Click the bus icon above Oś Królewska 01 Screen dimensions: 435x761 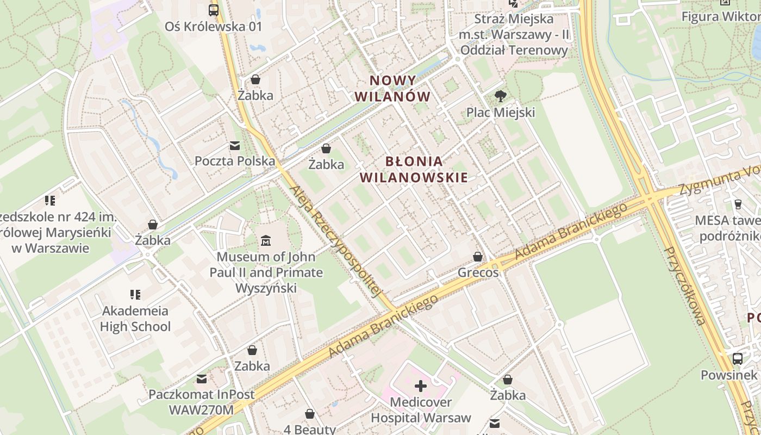(x=214, y=10)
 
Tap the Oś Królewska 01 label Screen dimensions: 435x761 (x=214, y=27)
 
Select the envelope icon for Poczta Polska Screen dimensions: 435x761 (x=235, y=146)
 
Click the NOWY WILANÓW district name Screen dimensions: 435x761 (x=392, y=89)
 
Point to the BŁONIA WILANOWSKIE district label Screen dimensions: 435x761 (x=414, y=169)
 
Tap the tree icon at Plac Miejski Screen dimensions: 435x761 (x=501, y=97)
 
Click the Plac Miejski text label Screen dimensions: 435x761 (x=501, y=113)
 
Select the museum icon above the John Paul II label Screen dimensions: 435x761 (x=266, y=240)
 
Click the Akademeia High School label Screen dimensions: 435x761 (x=135, y=319)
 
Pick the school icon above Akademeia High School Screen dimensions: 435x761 (x=135, y=295)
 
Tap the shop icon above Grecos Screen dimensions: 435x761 (x=478, y=257)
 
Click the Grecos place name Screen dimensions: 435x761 (x=478, y=272)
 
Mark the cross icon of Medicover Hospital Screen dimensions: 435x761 (x=421, y=386)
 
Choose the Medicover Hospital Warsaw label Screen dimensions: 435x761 (x=421, y=410)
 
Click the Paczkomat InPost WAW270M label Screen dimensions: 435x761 (x=202, y=402)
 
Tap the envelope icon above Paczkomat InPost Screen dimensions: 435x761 (x=202, y=378)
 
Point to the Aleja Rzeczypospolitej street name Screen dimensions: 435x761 (x=334, y=242)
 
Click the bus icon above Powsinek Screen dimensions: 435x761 (x=737, y=359)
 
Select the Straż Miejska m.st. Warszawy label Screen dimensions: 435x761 (x=514, y=35)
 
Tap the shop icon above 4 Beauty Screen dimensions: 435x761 (x=310, y=414)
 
